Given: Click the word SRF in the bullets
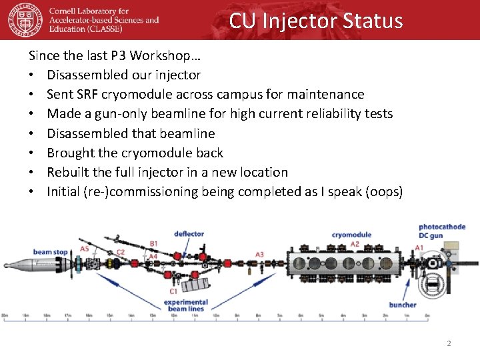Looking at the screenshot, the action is click(87, 94).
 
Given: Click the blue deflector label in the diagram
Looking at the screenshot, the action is click(189, 234).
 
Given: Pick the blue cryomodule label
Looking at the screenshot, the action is click(351, 235).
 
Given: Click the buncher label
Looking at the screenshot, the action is click(403, 305).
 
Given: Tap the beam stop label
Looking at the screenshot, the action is click(51, 252).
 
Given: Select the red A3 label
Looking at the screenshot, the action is click(259, 255).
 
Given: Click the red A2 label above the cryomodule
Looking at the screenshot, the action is click(355, 245).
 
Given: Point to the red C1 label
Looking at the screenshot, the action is click(173, 291).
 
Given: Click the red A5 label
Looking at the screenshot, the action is click(85, 249).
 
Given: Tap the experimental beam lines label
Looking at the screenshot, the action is click(187, 305).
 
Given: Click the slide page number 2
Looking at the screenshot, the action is click(449, 343).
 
